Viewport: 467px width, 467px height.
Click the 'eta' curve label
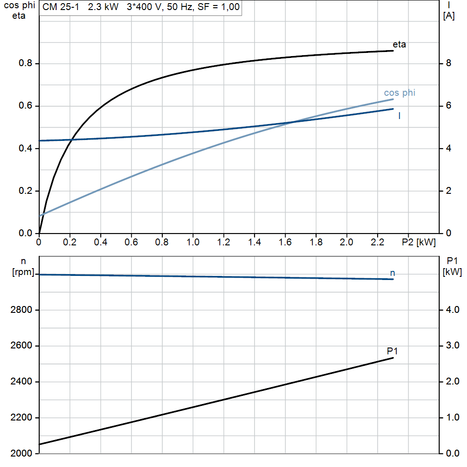point(399,45)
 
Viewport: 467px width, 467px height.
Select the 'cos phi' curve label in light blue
point(400,93)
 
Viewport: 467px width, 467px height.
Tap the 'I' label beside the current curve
point(400,116)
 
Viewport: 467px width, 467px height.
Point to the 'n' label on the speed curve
point(392,273)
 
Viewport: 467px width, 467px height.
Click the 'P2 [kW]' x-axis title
point(419,242)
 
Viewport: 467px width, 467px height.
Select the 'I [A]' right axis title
point(449,11)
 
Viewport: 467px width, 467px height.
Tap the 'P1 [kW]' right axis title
point(452,266)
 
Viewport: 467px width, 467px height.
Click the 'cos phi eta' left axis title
point(18,10)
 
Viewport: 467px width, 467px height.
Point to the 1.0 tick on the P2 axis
point(193,242)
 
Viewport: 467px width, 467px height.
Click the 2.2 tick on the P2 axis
point(377,242)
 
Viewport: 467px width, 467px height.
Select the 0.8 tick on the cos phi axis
point(26,63)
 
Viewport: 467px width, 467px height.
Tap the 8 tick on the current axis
point(448,63)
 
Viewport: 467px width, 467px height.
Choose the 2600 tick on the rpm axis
point(21,346)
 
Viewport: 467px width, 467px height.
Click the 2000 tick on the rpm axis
point(21,453)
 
